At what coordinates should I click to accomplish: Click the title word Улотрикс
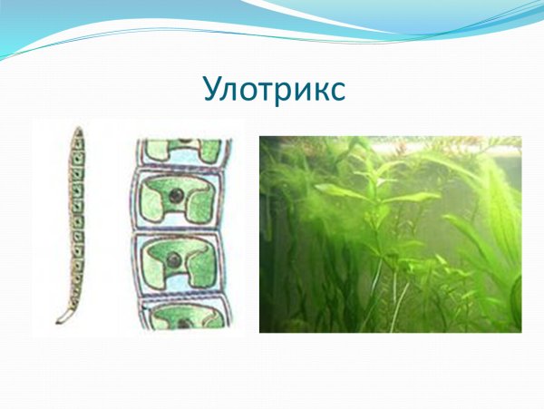(273, 91)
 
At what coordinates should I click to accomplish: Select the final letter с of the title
(335, 93)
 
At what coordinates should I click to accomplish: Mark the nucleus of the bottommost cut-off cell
(184, 322)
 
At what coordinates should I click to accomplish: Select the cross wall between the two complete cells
(180, 229)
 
